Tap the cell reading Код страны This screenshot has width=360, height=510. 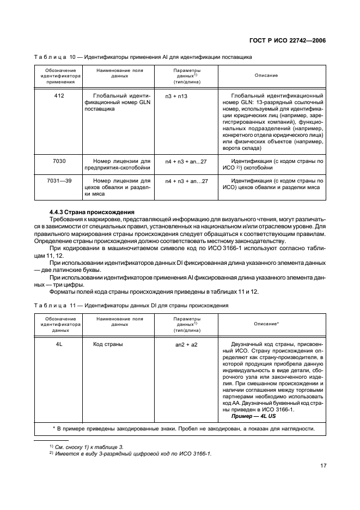click(108, 344)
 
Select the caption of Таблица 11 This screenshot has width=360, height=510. click(131, 305)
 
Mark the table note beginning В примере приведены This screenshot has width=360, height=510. click(180, 428)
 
